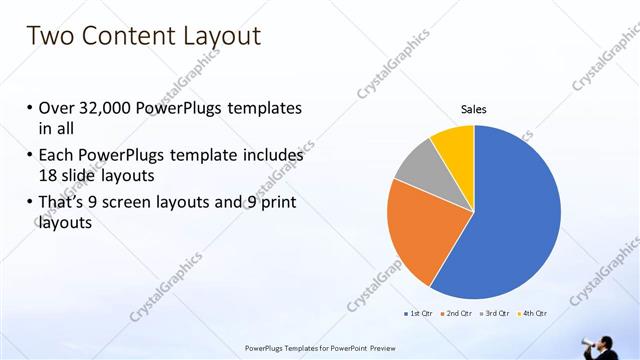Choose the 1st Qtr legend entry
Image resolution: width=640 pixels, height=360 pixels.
(x=418, y=313)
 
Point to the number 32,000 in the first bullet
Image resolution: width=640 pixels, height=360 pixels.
(x=110, y=108)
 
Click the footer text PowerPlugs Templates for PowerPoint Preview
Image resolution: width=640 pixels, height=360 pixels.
(x=320, y=348)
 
